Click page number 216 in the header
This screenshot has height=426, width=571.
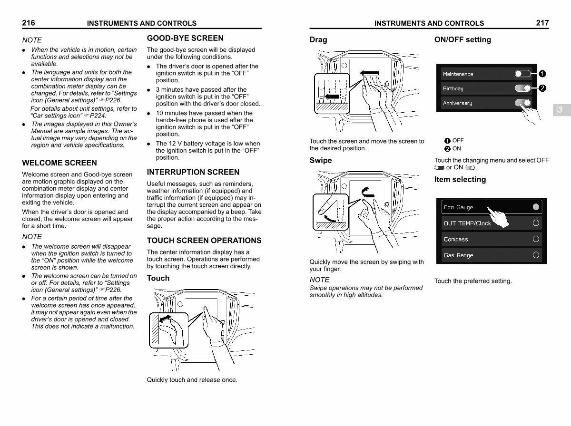[x=29, y=23]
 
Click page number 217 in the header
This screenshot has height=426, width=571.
[x=542, y=23]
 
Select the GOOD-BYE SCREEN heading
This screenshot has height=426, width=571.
[x=185, y=38]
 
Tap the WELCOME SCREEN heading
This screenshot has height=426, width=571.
[x=59, y=163]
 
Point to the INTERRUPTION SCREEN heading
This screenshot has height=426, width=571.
[x=193, y=172]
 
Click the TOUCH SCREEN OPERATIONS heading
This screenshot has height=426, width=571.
[x=204, y=241]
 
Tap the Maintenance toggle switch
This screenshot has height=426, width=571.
[x=522, y=74]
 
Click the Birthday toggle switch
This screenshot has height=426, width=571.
[x=522, y=88]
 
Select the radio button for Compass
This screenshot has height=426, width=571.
[x=536, y=239]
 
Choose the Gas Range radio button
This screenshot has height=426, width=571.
[x=536, y=255]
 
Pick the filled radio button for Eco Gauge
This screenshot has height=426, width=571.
[x=536, y=207]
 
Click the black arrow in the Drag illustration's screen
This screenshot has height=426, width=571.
[x=369, y=73]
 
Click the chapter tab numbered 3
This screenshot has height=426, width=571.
[x=561, y=110]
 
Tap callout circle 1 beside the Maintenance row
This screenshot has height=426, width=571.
[x=542, y=74]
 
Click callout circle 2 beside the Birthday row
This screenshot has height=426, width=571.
[x=542, y=88]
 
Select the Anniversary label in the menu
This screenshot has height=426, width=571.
[x=457, y=103]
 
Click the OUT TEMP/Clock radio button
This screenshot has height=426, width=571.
[x=536, y=223]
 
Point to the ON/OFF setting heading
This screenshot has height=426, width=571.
[x=463, y=40]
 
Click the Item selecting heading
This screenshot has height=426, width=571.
[x=460, y=180]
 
